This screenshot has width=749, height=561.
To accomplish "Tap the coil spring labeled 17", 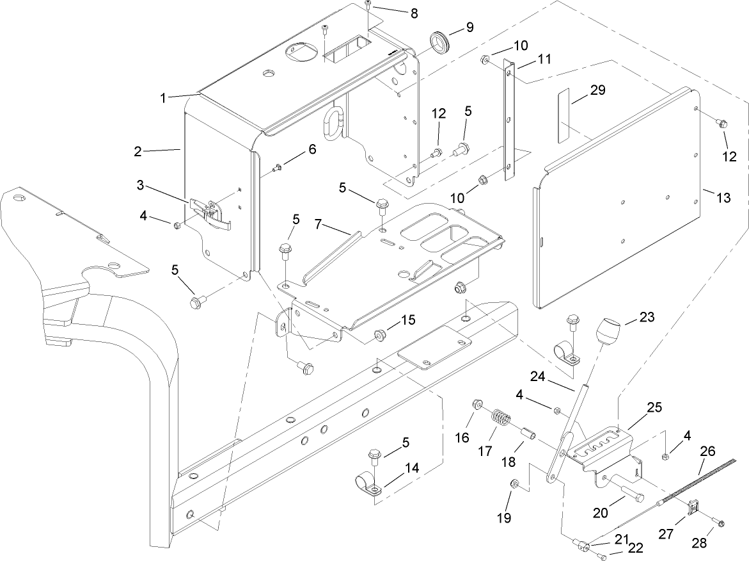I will pyautogui.click(x=502, y=422).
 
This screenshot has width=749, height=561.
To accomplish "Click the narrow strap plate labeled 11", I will pyautogui.click(x=510, y=118).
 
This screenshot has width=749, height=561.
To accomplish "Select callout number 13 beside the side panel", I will pyautogui.click(x=722, y=198).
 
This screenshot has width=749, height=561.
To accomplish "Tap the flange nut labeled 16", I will pyautogui.click(x=476, y=405).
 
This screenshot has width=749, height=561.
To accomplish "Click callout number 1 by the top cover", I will pyautogui.click(x=164, y=98).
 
